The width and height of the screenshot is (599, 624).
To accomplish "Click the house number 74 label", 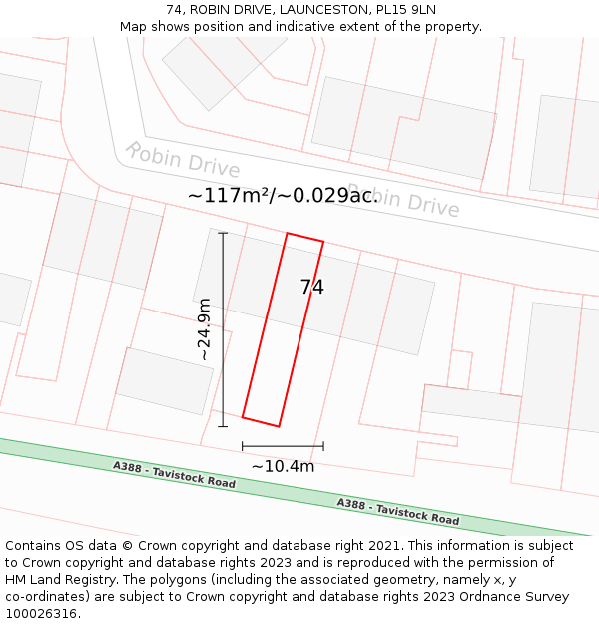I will pyautogui.click(x=311, y=288).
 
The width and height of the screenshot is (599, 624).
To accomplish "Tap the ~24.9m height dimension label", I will pyautogui.click(x=204, y=328).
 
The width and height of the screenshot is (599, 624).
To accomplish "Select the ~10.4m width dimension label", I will pyautogui.click(x=283, y=466).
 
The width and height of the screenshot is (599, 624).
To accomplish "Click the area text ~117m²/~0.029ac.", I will pyautogui.click(x=283, y=195).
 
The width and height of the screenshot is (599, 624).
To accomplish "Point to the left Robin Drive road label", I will pyautogui.click(x=182, y=160).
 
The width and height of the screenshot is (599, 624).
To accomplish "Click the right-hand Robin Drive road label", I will pyautogui.click(x=404, y=199).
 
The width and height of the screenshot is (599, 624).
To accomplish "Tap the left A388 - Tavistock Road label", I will pyautogui.click(x=174, y=475).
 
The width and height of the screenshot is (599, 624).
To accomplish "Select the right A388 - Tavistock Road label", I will pyautogui.click(x=397, y=512).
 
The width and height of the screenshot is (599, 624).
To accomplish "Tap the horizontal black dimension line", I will pyautogui.click(x=283, y=446).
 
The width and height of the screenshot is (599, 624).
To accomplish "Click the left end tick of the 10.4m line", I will pyautogui.click(x=243, y=446).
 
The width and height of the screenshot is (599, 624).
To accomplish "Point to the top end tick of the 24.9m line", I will pyautogui.click(x=223, y=234).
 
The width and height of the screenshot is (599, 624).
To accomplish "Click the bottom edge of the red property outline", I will pyautogui.click(x=261, y=422).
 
